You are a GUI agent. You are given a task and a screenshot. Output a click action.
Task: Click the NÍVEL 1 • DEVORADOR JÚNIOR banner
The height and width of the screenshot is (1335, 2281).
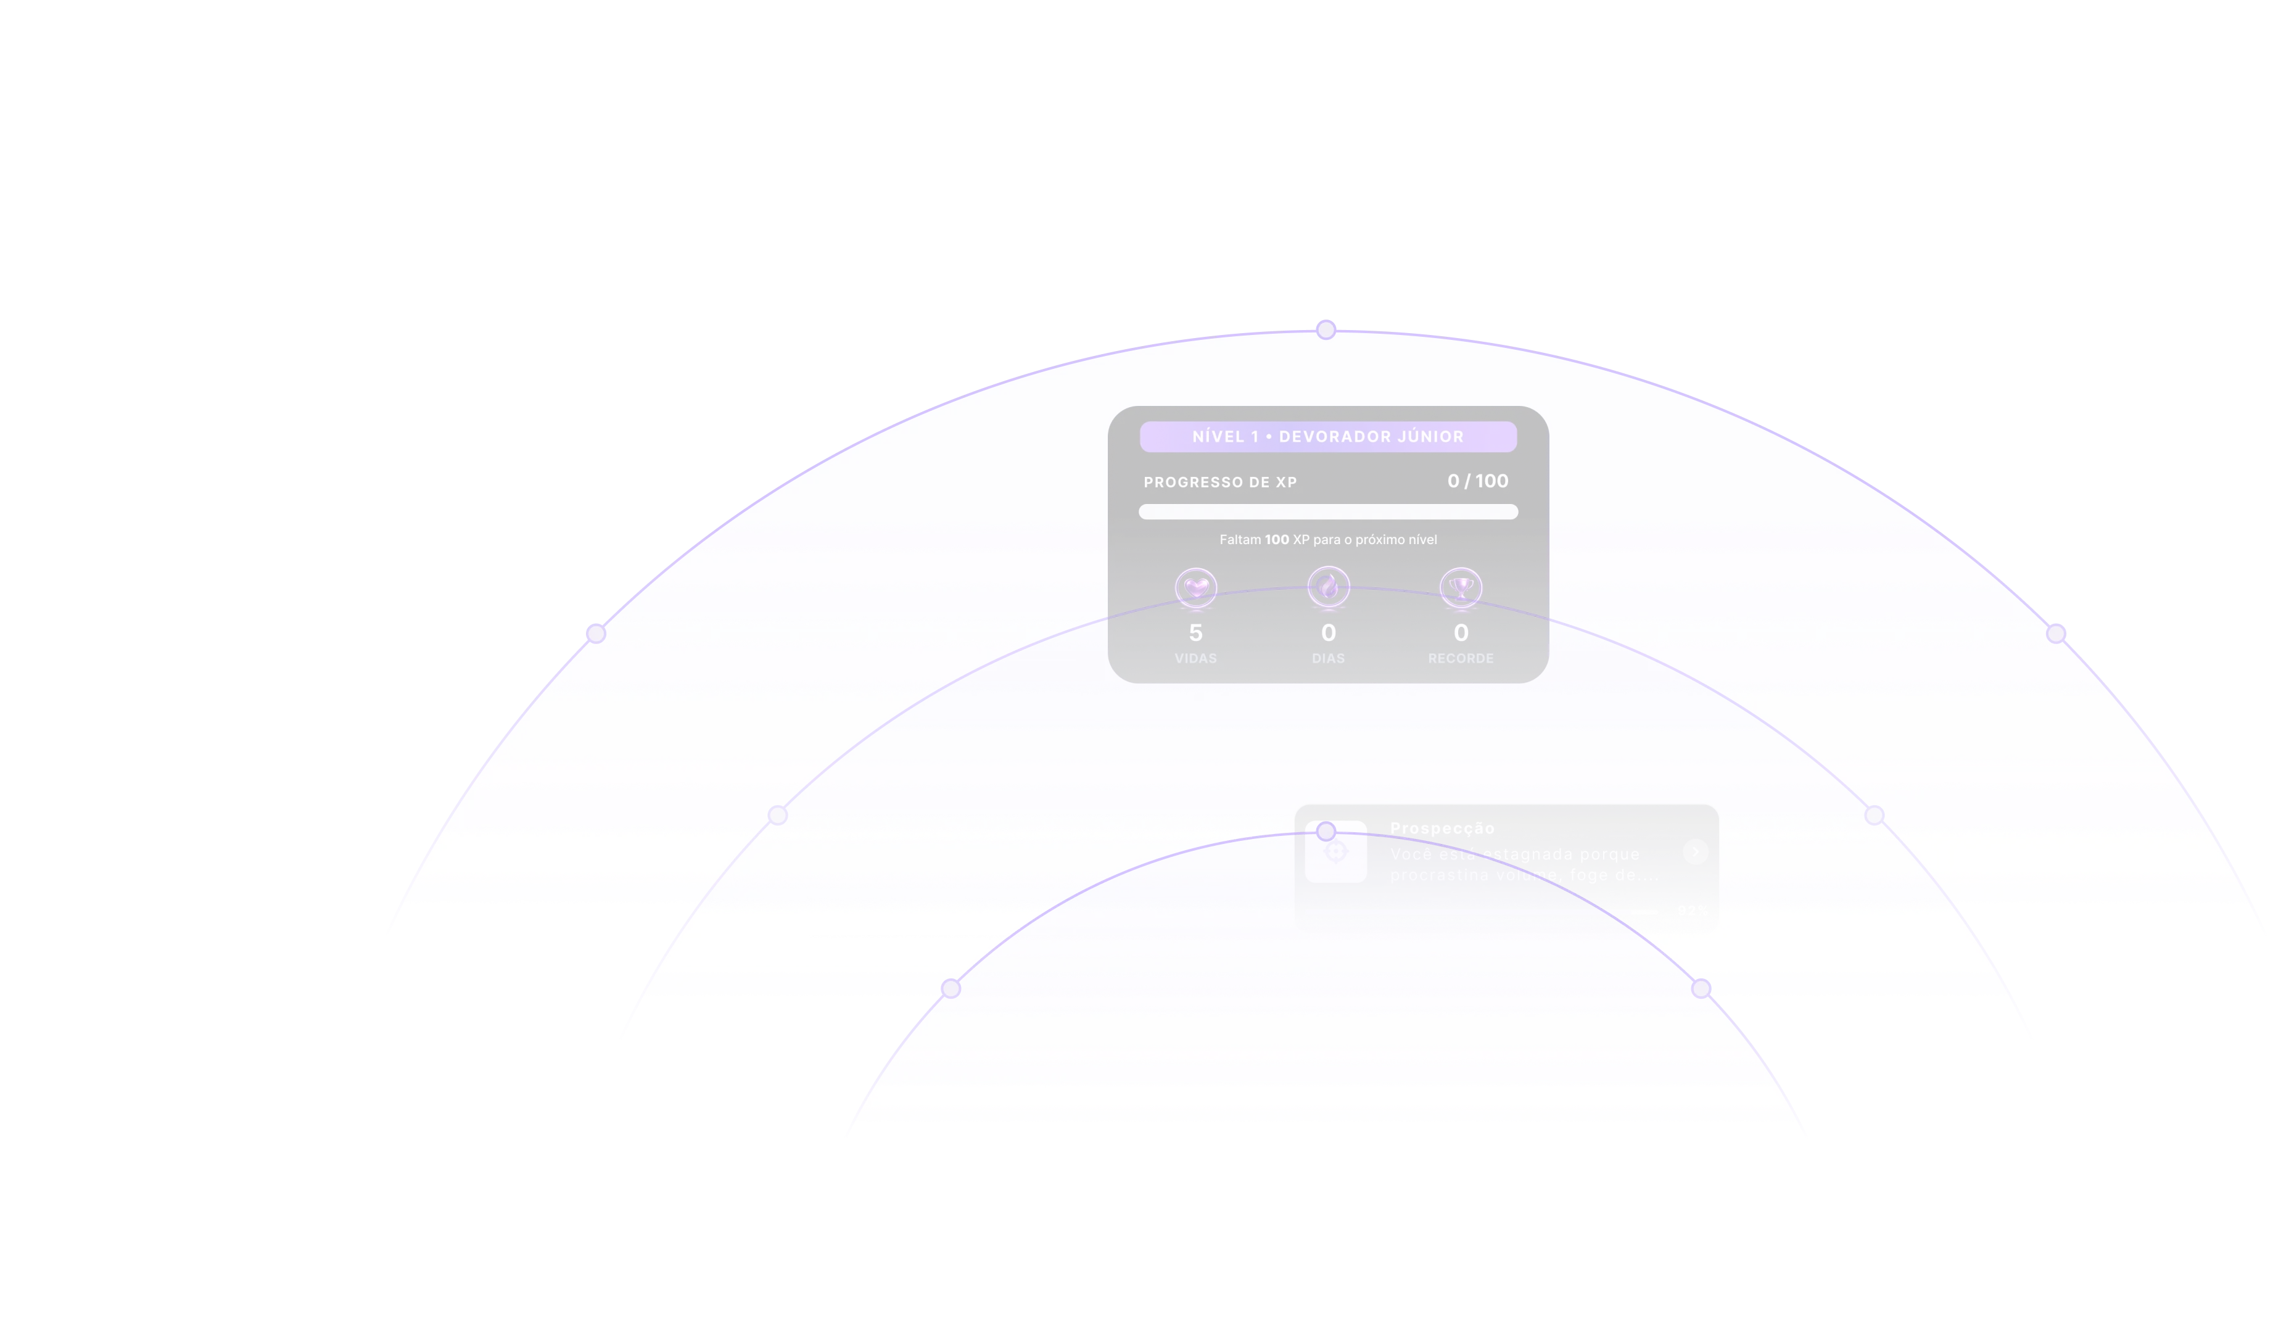tap(1328, 436)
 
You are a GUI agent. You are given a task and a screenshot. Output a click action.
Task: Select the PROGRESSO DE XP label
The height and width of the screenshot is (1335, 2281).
tap(1220, 482)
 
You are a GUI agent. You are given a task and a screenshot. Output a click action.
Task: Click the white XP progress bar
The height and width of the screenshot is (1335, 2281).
tap(1328, 512)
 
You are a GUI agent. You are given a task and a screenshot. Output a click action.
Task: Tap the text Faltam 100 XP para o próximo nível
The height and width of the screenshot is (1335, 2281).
tap(1328, 539)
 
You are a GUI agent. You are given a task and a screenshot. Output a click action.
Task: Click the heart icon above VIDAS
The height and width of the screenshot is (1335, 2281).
tap(1196, 587)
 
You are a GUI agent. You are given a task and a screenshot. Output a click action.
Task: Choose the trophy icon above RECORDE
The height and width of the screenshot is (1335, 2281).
tap(1461, 587)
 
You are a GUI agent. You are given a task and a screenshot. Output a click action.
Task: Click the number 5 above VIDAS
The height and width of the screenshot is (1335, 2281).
tap(1196, 633)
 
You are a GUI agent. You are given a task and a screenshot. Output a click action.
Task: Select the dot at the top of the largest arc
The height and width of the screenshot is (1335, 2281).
tap(1326, 329)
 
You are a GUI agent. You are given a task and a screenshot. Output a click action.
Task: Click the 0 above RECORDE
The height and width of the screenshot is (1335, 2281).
tap(1461, 633)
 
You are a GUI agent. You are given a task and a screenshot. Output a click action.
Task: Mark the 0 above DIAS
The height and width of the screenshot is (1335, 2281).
tap(1328, 633)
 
